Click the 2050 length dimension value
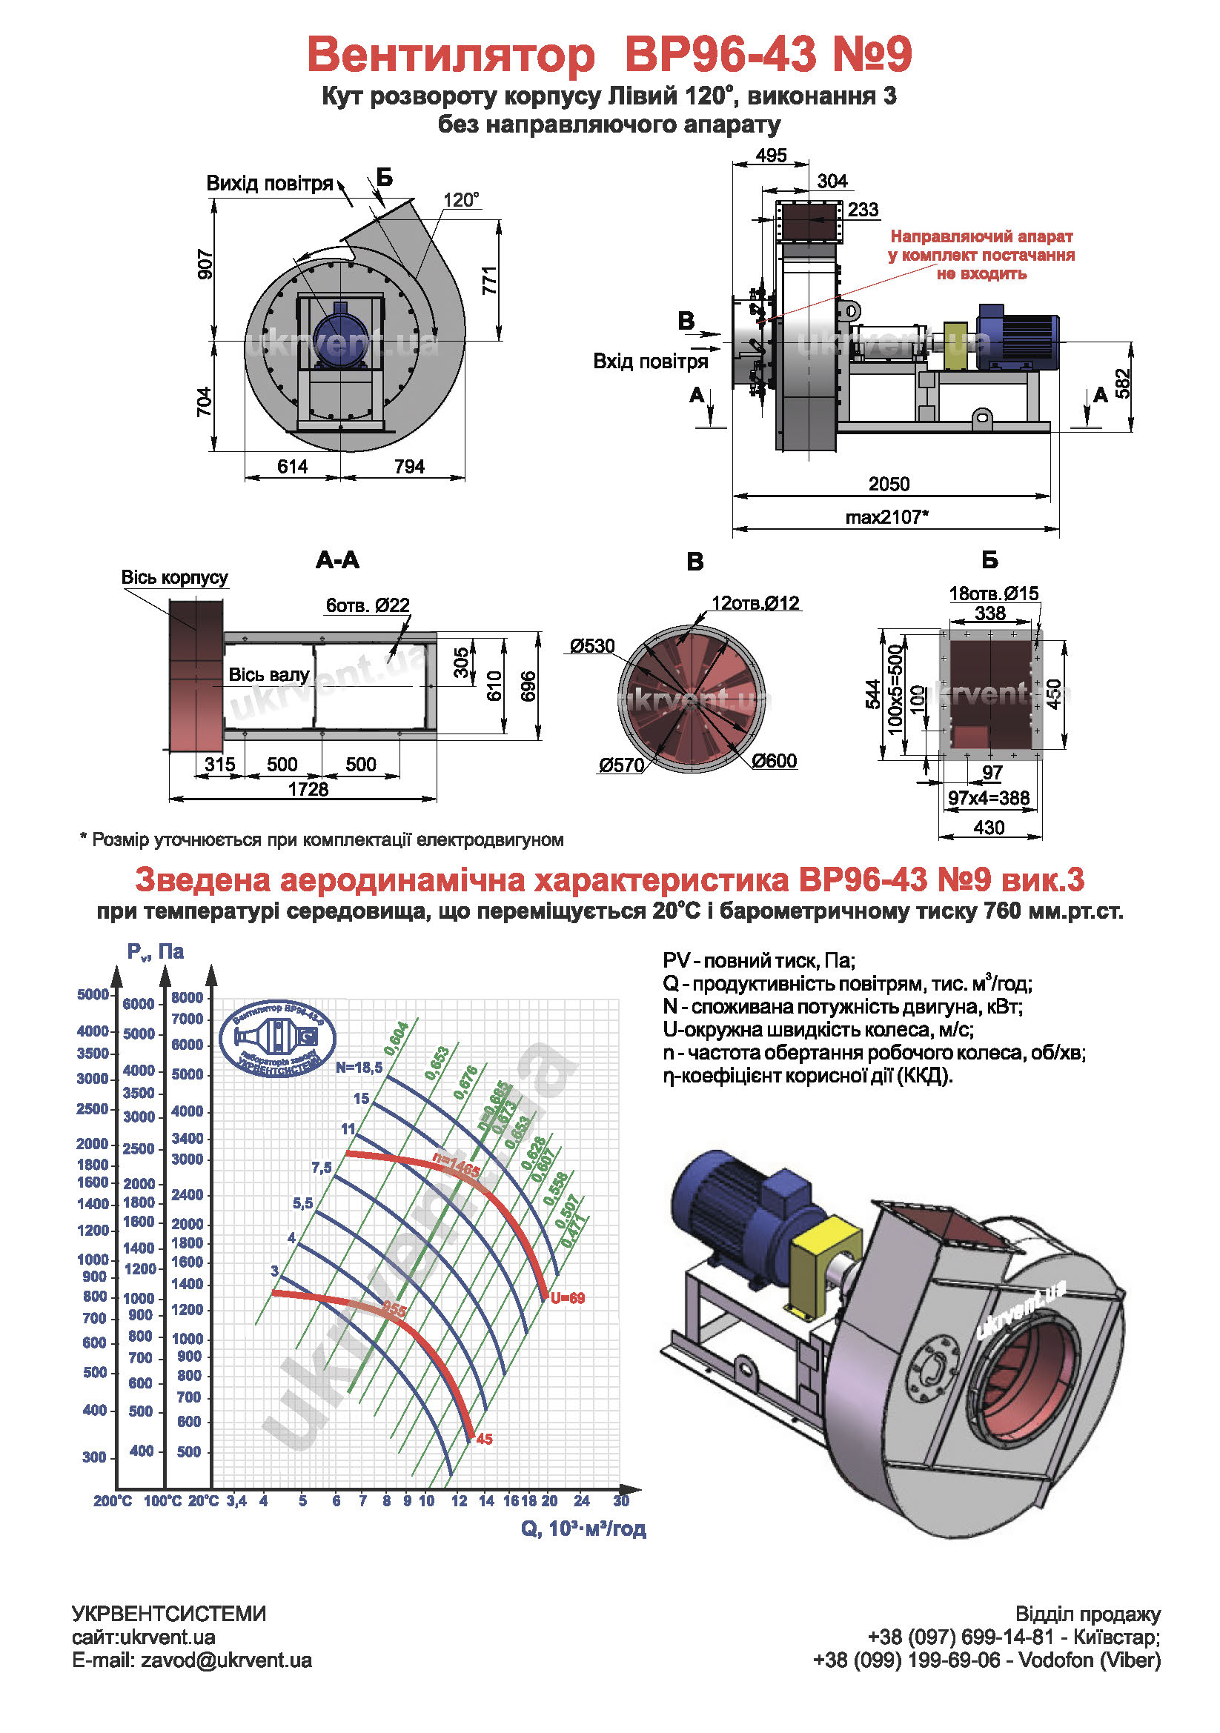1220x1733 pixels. point(889,484)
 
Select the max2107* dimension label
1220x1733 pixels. point(886,517)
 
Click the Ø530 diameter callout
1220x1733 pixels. point(593,646)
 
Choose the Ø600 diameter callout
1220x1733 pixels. point(774,761)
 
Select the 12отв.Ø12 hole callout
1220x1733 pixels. point(755,603)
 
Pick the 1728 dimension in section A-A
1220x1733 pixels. point(308,790)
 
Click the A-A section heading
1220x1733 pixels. point(337,560)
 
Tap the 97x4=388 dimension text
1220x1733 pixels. point(989,798)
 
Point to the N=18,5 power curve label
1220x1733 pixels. point(359,1067)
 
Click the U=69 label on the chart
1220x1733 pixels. point(567,1298)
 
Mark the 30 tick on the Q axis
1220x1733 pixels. point(620,1500)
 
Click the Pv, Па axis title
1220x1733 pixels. point(156,952)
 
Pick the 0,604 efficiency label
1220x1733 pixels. point(397,1039)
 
